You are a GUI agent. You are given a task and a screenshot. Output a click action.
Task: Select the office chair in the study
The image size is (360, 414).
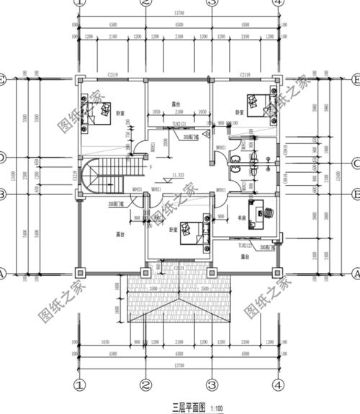268,212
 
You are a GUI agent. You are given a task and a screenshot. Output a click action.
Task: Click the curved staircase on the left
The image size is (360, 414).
94,178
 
